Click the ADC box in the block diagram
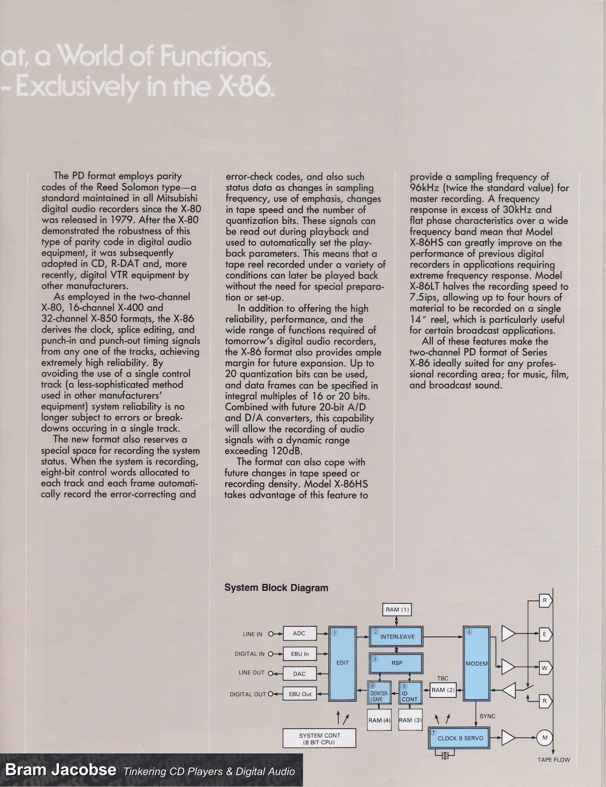point(299,633)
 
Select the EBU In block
point(299,654)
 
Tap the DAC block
point(299,673)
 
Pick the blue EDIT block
point(342,663)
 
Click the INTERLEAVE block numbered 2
point(396,637)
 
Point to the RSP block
point(396,663)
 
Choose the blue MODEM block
point(476,663)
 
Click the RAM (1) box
point(397,610)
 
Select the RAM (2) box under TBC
point(443,690)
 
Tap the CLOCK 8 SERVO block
point(458,738)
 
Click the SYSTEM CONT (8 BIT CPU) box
point(320,739)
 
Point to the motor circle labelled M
point(544,738)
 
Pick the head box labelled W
point(544,668)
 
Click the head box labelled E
point(544,634)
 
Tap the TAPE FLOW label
point(553,760)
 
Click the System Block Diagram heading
point(276,588)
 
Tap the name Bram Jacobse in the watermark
point(61,770)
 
